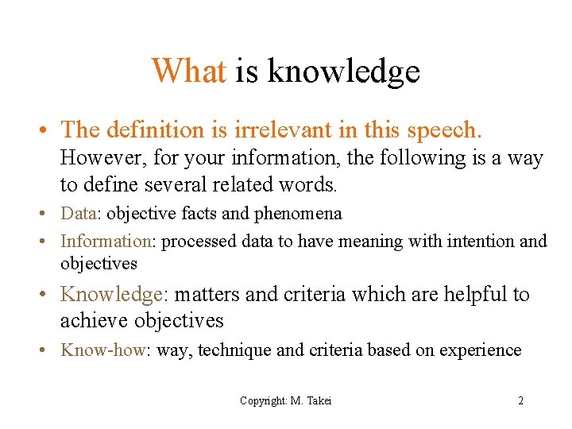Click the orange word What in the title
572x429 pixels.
tap(189, 71)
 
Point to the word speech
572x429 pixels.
tap(452, 129)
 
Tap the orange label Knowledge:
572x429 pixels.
tap(114, 295)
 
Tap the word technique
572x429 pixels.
tap(230, 350)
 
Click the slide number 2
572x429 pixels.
tap(520, 401)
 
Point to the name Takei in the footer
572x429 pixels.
tap(318, 401)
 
